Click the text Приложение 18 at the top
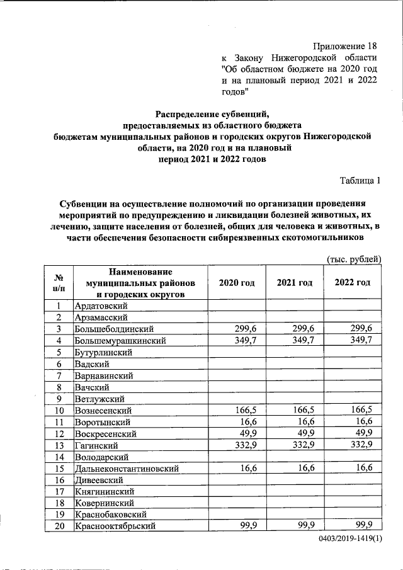pos(348,47)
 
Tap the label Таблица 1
pos(360,181)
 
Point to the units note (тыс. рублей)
pos(354,259)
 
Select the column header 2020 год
pos(236,283)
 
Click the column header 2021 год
pos(294,283)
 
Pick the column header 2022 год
pos(353,283)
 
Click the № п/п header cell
pos(57,283)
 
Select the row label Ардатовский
pos(101,305)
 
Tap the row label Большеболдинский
pos(114,329)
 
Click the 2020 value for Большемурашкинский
pos(248,340)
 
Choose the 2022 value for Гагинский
pos(362,445)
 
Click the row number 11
pos(57,421)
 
